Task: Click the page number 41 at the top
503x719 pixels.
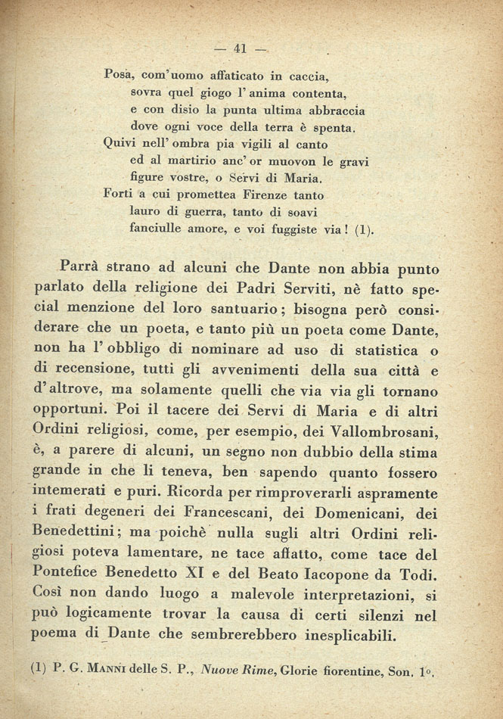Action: pyautogui.click(x=241, y=48)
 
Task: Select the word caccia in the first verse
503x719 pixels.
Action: pyautogui.click(x=312, y=76)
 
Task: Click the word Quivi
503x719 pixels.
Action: pyautogui.click(x=118, y=143)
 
